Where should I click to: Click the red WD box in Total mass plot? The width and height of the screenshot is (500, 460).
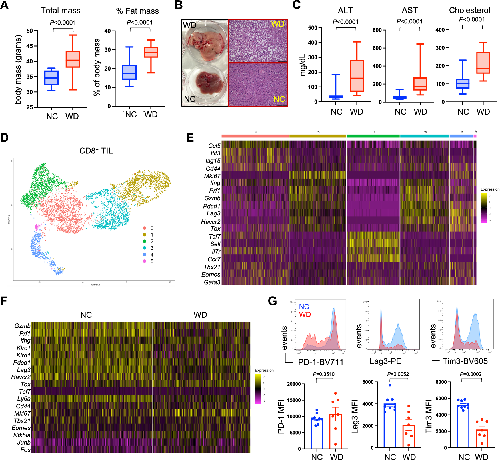point(73,59)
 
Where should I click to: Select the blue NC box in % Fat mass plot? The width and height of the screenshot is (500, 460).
point(129,72)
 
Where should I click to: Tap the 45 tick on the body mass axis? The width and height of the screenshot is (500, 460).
point(30,46)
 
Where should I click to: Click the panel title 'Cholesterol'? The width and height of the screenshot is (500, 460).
point(469,10)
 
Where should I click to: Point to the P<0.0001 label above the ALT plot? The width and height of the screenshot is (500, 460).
point(345,22)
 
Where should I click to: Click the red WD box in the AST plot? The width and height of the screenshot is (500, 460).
point(420,84)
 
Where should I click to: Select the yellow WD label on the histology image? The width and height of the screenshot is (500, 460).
point(278,24)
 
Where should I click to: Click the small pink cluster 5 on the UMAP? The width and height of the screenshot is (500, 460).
point(37,227)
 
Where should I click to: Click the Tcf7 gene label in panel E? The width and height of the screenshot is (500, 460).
point(214,236)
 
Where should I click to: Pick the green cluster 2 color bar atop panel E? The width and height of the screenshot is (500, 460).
point(373,136)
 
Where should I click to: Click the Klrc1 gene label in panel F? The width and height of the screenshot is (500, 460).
point(23,348)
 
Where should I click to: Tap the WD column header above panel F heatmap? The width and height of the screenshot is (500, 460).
point(200,315)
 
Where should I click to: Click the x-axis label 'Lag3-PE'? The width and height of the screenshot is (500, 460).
point(385,361)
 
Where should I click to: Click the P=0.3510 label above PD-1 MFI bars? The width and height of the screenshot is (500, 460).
point(323,374)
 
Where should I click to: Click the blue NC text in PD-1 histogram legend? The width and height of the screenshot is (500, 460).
point(304,307)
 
